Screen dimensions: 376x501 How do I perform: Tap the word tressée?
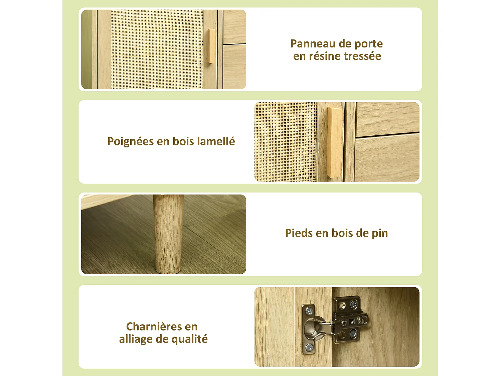pos(362,56)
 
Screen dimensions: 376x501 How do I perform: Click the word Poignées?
pos(131,141)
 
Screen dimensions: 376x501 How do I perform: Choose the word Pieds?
pos(299,233)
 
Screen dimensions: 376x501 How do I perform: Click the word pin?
pos(379,234)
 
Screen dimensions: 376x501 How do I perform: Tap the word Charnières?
pos(154,326)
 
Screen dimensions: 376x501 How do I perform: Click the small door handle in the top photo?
pos(211,46)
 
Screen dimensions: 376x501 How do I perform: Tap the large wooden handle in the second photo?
pos(335,142)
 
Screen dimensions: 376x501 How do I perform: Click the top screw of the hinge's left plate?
pos(309,311)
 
